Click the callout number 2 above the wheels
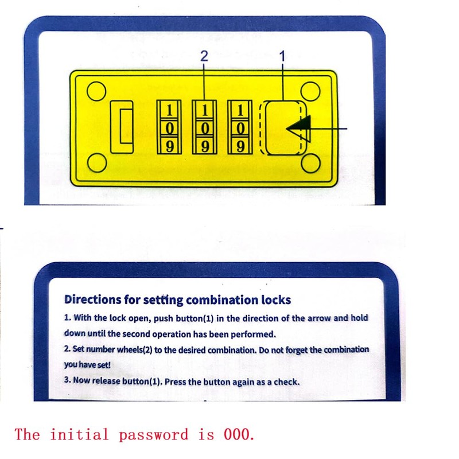click(x=203, y=56)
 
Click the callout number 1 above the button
click(x=282, y=56)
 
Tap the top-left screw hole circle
click(x=95, y=91)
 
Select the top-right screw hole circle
click(x=310, y=91)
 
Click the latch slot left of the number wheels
click(x=122, y=127)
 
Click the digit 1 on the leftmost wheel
click(x=169, y=109)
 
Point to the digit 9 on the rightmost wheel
click(x=240, y=146)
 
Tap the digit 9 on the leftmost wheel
click(x=169, y=146)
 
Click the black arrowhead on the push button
click(x=299, y=128)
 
